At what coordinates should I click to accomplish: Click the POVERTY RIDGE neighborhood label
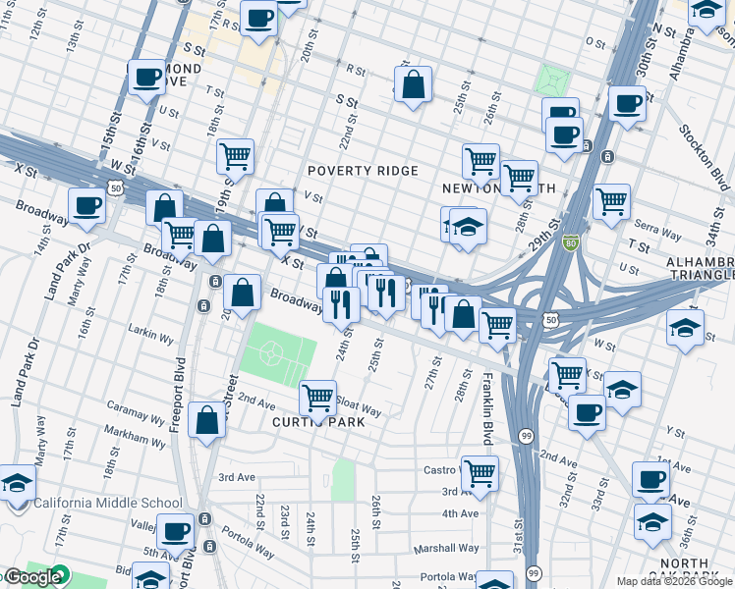[x=364, y=171]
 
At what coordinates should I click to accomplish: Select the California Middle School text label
[x=108, y=504]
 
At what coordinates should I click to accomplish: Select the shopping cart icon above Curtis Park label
[x=317, y=398]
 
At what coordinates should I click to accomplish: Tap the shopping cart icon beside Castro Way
[x=480, y=473]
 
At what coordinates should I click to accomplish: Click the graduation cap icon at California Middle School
[x=16, y=484]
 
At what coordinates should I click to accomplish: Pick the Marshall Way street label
[x=446, y=549]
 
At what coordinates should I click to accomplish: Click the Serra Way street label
[x=658, y=235]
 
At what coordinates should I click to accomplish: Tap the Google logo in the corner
[x=31, y=577]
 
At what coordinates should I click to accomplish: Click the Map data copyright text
[x=674, y=581]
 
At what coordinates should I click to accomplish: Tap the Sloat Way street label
[x=359, y=405]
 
